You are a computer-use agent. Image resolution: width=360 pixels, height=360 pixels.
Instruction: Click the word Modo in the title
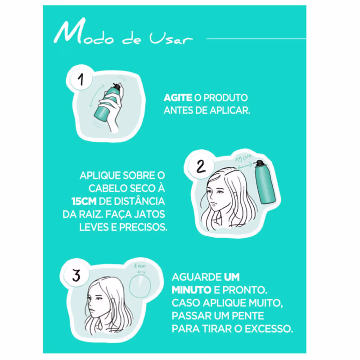(84, 32)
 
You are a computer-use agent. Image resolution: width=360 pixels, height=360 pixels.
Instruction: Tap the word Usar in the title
(171, 38)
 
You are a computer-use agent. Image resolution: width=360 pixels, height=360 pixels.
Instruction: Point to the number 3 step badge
(76, 275)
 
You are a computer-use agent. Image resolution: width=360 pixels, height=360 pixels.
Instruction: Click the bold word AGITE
(178, 98)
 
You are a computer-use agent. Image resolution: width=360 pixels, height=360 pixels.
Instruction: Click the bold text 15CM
(84, 201)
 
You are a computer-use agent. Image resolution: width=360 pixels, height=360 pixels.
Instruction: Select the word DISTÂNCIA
(139, 201)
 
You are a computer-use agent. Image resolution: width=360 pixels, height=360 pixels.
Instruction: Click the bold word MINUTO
(192, 290)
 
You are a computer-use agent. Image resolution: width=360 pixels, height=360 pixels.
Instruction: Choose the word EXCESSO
(269, 329)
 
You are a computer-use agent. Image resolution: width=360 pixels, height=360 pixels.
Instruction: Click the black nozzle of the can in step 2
(260, 163)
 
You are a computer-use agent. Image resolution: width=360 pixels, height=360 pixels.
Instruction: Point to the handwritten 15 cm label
(244, 158)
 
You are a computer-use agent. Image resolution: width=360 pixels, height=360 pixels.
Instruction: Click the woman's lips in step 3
(92, 310)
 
